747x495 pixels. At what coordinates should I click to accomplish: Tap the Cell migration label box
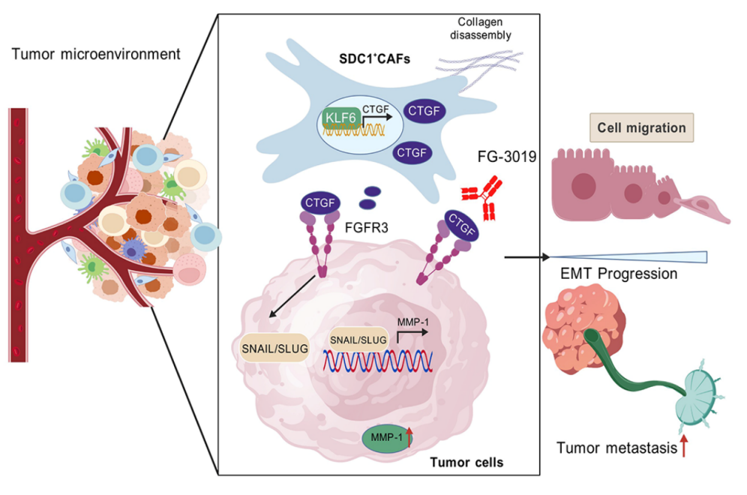tap(641, 127)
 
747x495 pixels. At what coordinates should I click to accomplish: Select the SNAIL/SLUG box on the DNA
tap(358, 339)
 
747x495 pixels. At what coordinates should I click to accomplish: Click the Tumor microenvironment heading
tap(96, 54)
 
